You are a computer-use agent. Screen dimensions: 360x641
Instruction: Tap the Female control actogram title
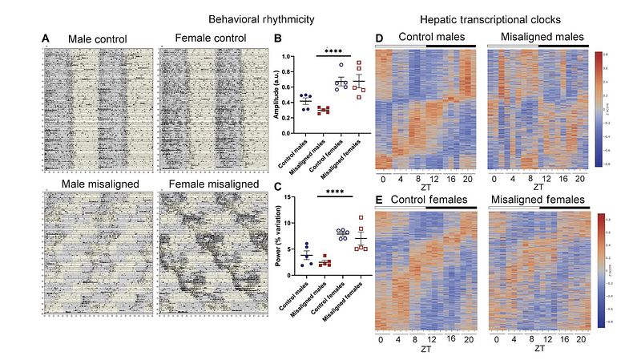tap(212, 37)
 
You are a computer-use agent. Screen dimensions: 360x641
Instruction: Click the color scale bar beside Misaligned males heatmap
tap(598, 107)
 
